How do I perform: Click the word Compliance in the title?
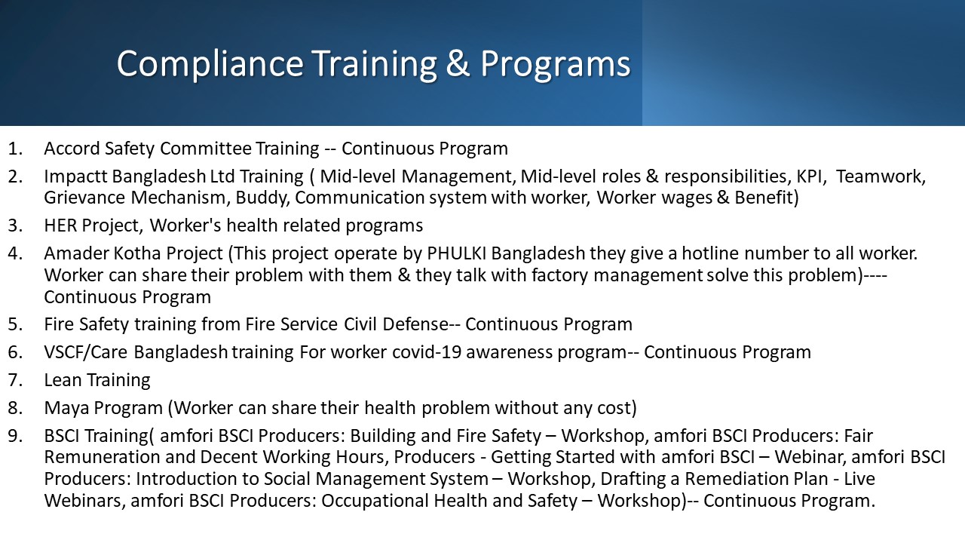210,64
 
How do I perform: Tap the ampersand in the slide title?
458,63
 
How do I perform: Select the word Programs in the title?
556,65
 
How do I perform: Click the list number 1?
14,149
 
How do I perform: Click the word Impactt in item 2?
75,176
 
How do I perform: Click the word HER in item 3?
60,225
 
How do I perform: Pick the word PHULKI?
456,253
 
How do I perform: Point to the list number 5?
14,324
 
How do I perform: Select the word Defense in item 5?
415,324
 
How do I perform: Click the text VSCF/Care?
86,352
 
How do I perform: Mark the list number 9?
14,436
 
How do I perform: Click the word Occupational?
375,502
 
